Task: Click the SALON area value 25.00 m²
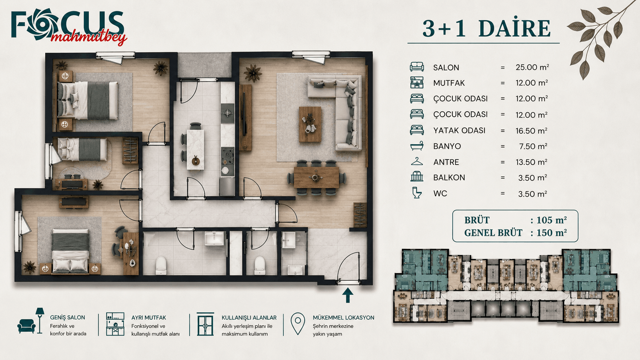point(532,67)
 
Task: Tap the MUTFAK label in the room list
point(449,83)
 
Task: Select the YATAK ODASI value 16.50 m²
point(531,131)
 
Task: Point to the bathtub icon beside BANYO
point(416,146)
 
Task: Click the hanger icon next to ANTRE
point(417,161)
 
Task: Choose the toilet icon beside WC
point(417,193)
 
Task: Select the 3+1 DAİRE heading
point(486,29)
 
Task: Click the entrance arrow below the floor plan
point(348,295)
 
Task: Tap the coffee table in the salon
point(310,124)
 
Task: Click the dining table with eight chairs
point(316,178)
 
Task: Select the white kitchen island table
point(196,150)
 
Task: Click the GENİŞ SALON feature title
point(67,318)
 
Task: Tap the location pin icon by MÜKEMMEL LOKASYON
point(298,324)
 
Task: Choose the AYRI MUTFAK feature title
point(149,318)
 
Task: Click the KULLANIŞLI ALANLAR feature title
point(249,318)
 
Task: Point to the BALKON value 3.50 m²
point(532,178)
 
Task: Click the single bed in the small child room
point(82,149)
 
